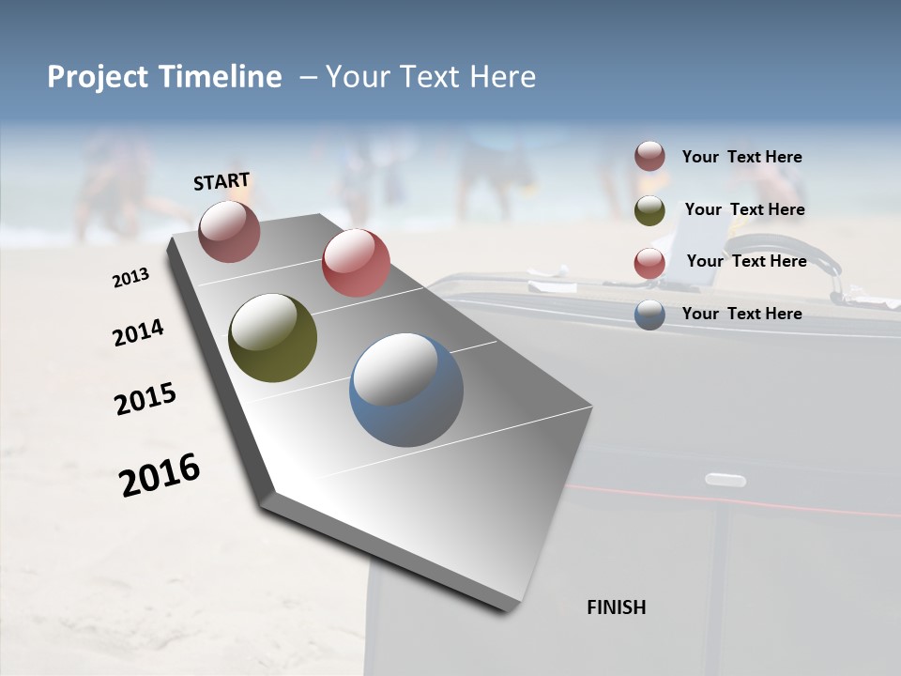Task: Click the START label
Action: pos(221,180)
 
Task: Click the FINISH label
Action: pos(616,607)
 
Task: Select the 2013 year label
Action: pos(130,278)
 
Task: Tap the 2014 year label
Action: pos(138,333)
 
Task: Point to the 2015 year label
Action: pos(145,399)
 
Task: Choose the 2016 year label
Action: pos(160,474)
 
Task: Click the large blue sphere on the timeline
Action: pos(406,390)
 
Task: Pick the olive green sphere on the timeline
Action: pos(272,338)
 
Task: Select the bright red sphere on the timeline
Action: pos(356,262)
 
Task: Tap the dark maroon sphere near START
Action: pos(229,231)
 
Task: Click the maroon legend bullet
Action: pos(649,157)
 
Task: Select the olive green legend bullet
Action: pos(649,210)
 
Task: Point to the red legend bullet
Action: pos(649,262)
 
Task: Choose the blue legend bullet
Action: pos(649,315)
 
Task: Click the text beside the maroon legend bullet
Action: pos(741,157)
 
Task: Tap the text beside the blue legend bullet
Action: pos(741,314)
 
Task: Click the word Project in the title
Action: pos(99,77)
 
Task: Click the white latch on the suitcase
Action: pos(725,480)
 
